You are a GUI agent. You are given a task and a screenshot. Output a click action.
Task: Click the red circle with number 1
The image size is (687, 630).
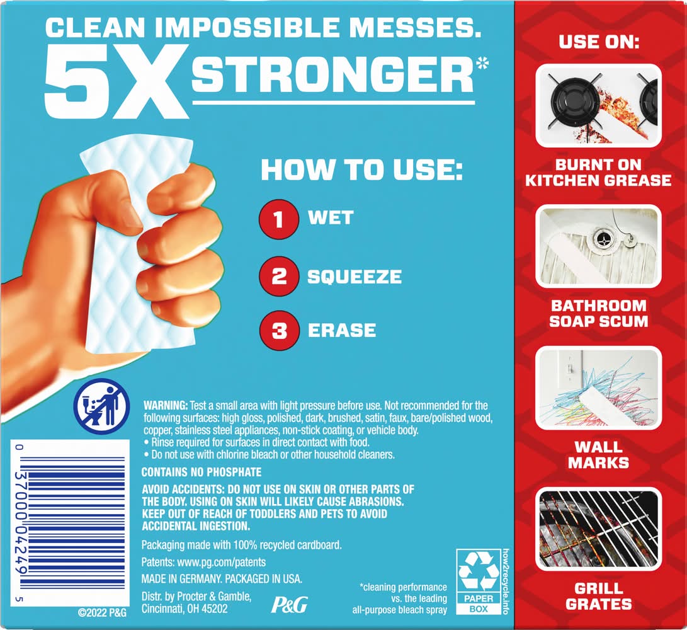coord(279,219)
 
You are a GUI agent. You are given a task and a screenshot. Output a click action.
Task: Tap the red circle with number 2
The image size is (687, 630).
coord(279,277)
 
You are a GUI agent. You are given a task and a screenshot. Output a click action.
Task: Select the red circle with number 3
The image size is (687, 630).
coord(279,330)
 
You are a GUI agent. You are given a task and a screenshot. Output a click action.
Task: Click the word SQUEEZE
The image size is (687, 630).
coord(355,277)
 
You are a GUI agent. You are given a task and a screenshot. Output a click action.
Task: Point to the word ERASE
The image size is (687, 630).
coord(342,330)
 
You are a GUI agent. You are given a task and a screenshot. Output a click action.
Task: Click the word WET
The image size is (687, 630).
coord(331,218)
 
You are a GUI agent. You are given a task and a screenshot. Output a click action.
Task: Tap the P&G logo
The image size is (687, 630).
coord(289,604)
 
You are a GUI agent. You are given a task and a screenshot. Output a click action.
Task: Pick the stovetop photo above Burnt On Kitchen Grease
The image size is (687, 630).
coord(598,106)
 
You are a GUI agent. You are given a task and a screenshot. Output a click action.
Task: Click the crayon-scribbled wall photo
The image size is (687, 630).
coord(598,388)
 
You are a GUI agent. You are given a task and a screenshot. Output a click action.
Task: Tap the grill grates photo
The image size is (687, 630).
coord(598,529)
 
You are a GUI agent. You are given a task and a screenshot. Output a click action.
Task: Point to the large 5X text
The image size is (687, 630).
coord(116,83)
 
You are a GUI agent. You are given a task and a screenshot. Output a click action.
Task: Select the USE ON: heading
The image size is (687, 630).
coord(599,42)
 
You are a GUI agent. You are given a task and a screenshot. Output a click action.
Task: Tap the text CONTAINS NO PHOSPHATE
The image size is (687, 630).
coord(202,472)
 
